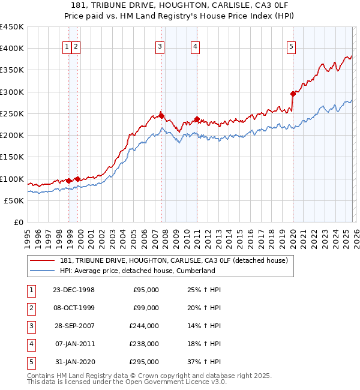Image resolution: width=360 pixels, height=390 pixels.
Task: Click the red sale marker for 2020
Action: [293, 94]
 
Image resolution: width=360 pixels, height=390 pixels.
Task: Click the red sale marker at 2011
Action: [197, 119]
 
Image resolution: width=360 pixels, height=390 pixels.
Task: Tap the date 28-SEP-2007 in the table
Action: [74, 326]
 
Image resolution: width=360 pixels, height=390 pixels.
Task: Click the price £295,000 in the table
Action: [145, 362]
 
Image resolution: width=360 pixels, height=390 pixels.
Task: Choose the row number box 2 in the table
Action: [31, 308]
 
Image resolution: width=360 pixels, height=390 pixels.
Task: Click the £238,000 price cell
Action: [145, 344]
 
